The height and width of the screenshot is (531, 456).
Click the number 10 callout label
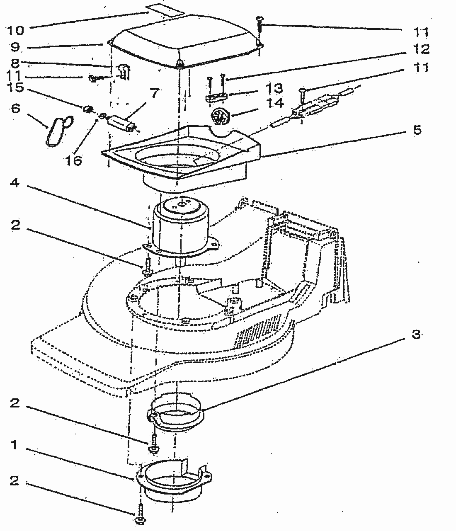coord(15,30)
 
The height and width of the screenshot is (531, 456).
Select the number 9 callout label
coord(15,47)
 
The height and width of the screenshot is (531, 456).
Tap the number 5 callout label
coord(417,130)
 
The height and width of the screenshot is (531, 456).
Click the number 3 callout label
coord(416,335)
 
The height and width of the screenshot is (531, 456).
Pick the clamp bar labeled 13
coord(216,96)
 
